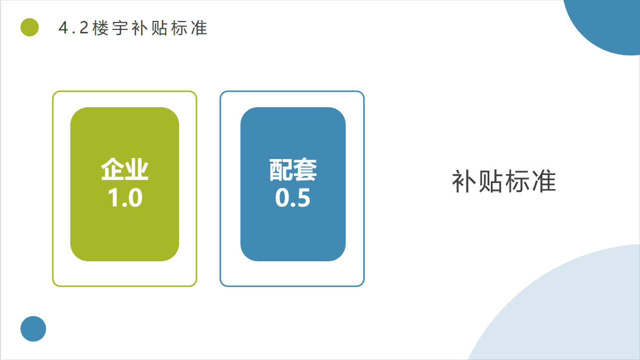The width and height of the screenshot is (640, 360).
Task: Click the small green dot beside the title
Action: tap(30, 27)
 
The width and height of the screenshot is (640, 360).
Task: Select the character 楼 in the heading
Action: tap(101, 28)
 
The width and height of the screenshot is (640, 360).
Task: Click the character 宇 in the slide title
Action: tap(120, 28)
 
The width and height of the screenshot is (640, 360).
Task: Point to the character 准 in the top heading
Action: tap(199, 28)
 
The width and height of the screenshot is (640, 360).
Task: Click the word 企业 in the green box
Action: tap(125, 169)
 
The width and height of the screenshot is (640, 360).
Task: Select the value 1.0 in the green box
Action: tap(125, 197)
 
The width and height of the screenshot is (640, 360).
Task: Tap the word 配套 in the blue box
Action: tap(293, 170)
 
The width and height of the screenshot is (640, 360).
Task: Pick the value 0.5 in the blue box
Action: tap(293, 197)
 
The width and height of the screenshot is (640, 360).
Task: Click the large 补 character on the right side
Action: tap(464, 181)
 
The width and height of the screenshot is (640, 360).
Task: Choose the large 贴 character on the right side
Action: tap(490, 181)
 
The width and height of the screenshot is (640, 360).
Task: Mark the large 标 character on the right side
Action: tap(517, 181)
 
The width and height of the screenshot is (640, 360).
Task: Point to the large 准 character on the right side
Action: tap(544, 181)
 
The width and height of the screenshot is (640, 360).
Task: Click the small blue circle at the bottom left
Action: tap(33, 329)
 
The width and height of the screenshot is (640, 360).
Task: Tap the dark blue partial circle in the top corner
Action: tap(609, 23)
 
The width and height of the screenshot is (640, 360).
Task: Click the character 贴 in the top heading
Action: tap(160, 28)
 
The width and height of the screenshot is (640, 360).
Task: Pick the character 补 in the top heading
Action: tap(140, 28)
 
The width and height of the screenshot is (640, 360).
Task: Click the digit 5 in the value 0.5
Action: tap(303, 197)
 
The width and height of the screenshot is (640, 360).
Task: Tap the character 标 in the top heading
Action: tap(180, 28)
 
